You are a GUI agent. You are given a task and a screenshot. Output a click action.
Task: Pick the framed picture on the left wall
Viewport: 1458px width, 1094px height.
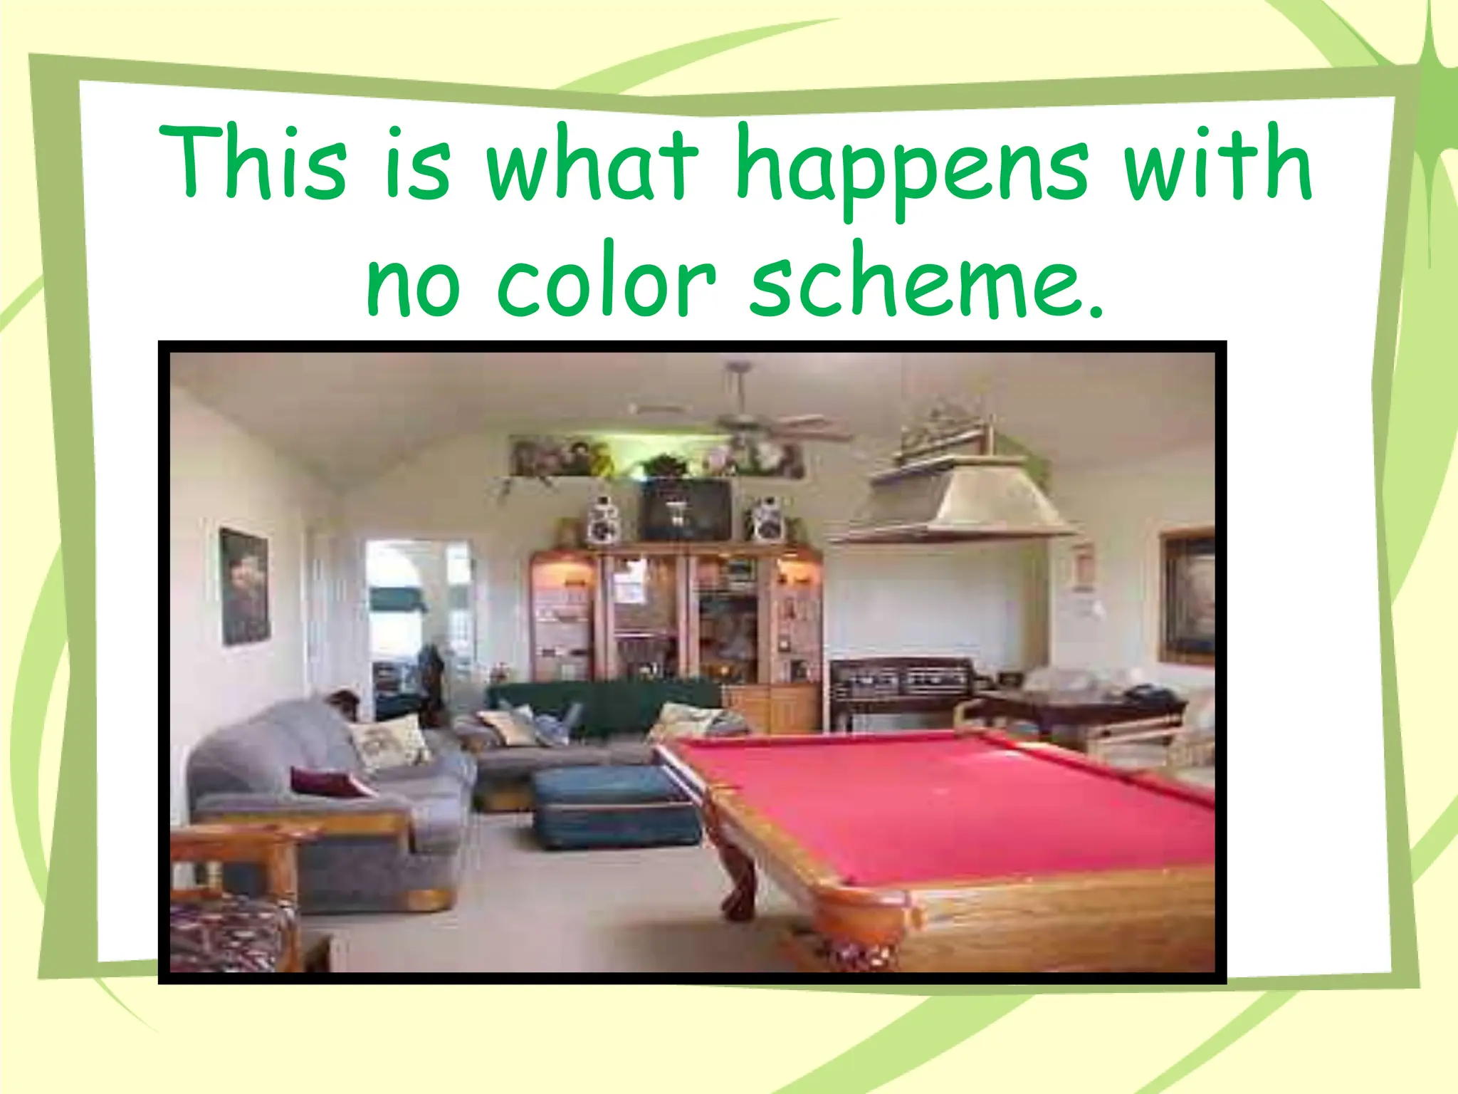(x=244, y=585)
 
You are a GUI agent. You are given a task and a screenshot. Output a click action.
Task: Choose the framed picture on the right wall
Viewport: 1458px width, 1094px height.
(x=1187, y=597)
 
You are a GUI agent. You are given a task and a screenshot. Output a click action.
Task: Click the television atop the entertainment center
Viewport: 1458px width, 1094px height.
(x=687, y=509)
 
